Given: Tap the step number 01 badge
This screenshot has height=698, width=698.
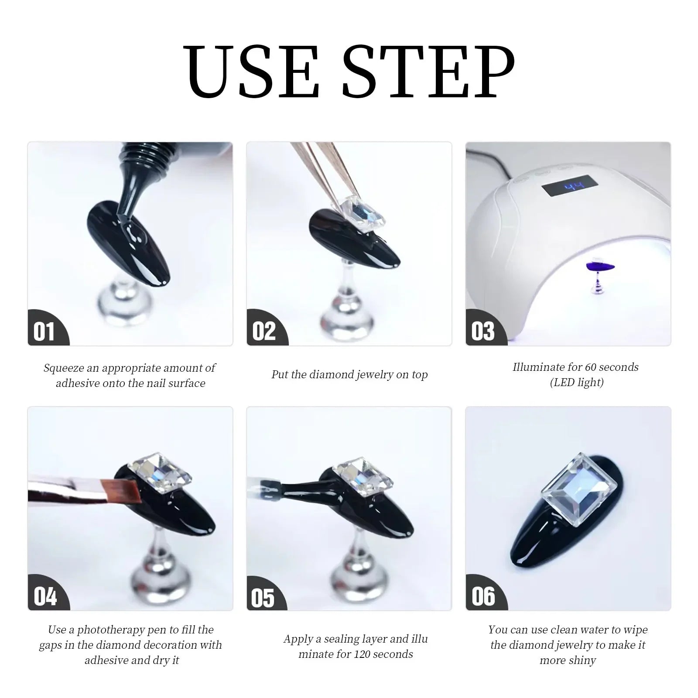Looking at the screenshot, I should tap(44, 332).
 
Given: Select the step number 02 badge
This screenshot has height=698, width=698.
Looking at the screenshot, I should tap(264, 332).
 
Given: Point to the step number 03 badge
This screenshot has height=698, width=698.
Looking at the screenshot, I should tap(483, 332).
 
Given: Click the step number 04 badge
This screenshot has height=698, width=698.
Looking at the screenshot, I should tap(45, 596).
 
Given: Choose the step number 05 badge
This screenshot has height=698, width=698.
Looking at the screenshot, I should tap(263, 598).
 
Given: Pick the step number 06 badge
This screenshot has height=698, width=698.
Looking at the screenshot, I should tap(483, 596).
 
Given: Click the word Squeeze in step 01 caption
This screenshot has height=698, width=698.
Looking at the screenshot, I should tap(64, 368).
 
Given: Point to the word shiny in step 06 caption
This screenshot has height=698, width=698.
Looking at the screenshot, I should tap(582, 660).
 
